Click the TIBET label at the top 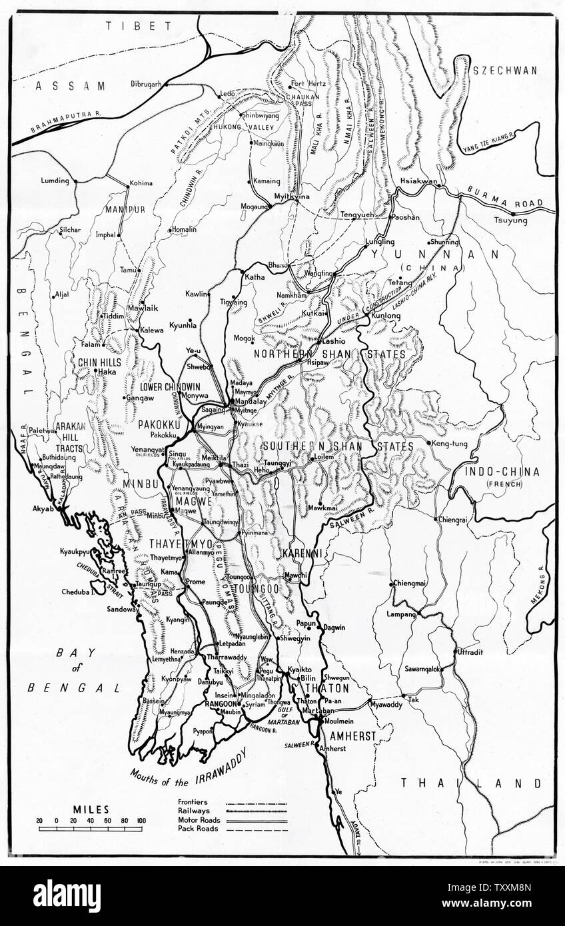pos(125,26)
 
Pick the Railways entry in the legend pos(194,811)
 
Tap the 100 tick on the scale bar pos(141,820)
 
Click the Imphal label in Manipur pos(106,234)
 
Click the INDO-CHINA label pos(503,472)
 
